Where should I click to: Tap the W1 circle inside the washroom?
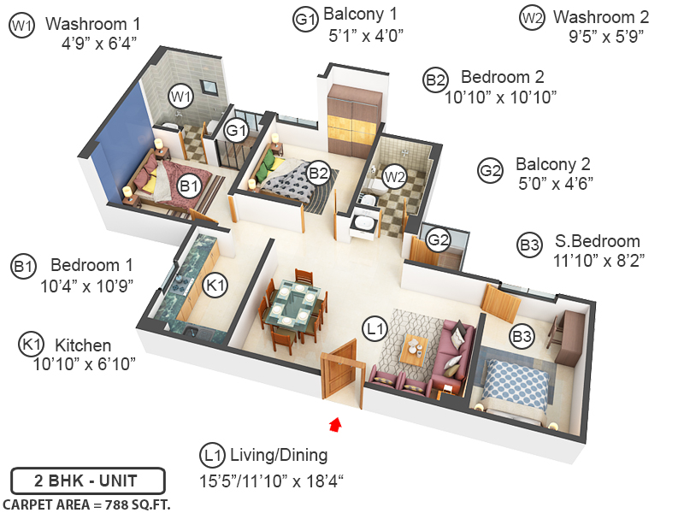click(x=179, y=96)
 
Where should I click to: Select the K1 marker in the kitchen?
click(x=216, y=284)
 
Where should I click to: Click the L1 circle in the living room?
click(x=374, y=327)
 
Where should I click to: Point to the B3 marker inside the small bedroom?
click(x=522, y=338)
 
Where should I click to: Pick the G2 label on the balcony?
click(x=439, y=239)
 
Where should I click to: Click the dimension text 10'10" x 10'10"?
click(x=500, y=97)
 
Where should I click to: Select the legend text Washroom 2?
click(x=601, y=16)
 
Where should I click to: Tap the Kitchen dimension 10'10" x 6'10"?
click(x=85, y=364)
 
